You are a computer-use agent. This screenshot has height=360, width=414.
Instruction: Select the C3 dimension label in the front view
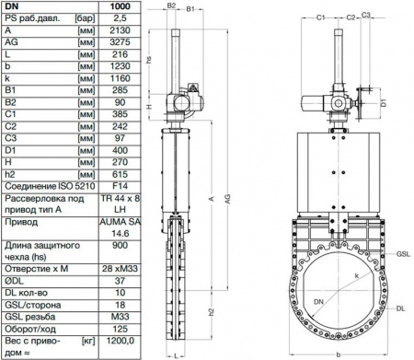(365, 16)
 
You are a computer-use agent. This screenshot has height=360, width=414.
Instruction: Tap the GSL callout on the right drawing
(402, 250)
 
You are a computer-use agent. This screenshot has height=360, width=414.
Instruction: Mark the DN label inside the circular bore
(318, 302)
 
